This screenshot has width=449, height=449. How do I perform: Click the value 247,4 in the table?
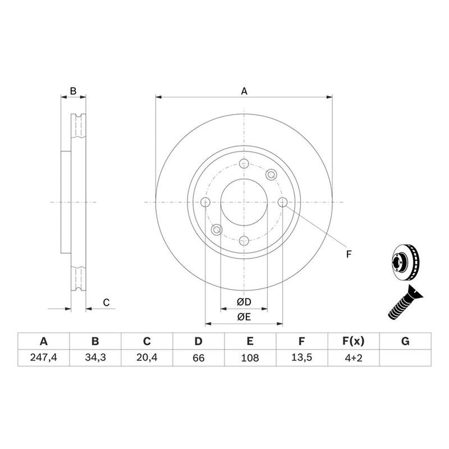(44, 358)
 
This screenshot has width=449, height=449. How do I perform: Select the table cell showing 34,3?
(95, 358)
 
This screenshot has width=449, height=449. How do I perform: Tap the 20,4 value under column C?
(147, 358)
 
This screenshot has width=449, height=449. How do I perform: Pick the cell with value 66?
(199, 358)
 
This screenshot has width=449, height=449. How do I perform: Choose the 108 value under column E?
(250, 358)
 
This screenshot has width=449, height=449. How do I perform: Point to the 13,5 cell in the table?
(301, 358)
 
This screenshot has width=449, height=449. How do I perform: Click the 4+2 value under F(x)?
(354, 358)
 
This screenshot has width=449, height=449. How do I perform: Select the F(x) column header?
(354, 341)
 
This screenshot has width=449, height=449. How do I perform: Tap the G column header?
(405, 341)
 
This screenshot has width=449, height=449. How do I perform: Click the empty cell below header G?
(405, 358)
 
